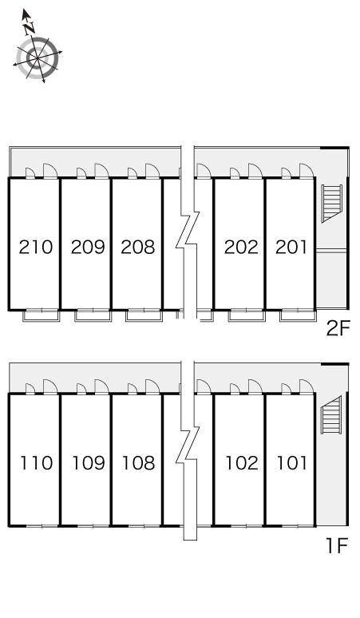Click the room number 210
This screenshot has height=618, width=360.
36,248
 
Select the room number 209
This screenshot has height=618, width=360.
88,248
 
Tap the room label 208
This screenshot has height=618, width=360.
138,248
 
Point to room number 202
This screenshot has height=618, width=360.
241,248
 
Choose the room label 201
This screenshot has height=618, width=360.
291,248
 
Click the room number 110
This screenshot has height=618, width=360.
37,463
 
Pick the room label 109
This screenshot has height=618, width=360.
89,463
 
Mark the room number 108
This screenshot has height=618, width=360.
139,463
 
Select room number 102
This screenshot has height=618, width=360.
242,463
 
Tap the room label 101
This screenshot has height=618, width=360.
292,463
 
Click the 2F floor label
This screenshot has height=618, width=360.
338,328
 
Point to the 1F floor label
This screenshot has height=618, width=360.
337,546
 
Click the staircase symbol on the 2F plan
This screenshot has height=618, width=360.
331,204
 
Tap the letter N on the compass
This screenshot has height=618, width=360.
29,28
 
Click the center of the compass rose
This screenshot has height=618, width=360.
38,58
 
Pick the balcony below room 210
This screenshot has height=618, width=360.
41,315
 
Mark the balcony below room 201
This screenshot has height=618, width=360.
299,315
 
